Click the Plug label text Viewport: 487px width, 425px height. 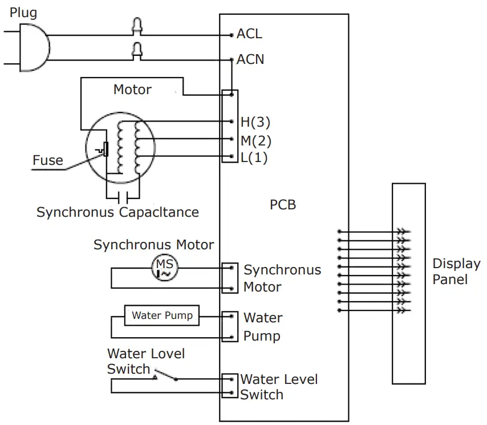[x=23, y=13]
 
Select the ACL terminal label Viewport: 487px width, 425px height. [x=249, y=34]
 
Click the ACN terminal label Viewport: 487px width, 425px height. [x=250, y=59]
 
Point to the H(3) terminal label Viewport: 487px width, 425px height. [x=255, y=122]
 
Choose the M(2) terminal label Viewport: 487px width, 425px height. [x=255, y=140]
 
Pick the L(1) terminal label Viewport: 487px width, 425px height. [x=254, y=157]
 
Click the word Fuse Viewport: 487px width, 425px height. [x=47, y=160]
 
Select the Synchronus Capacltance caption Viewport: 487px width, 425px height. [x=117, y=213]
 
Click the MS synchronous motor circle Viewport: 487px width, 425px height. [x=165, y=268]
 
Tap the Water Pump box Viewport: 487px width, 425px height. [x=162, y=315]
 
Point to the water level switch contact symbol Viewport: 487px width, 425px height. [x=165, y=375]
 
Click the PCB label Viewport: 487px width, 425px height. [x=283, y=204]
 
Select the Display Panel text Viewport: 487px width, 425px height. [x=456, y=272]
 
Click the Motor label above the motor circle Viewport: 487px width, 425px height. [x=132, y=90]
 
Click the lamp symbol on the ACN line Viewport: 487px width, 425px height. [x=137, y=50]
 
